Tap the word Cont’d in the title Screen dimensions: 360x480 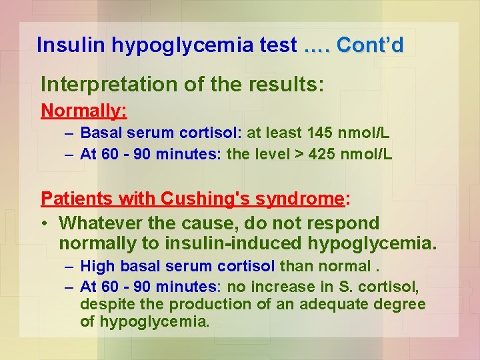point(370,45)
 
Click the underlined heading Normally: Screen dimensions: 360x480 point(84,110)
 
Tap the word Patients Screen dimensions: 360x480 point(74,199)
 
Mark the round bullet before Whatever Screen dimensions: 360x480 point(45,223)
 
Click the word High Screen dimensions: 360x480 point(97,267)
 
